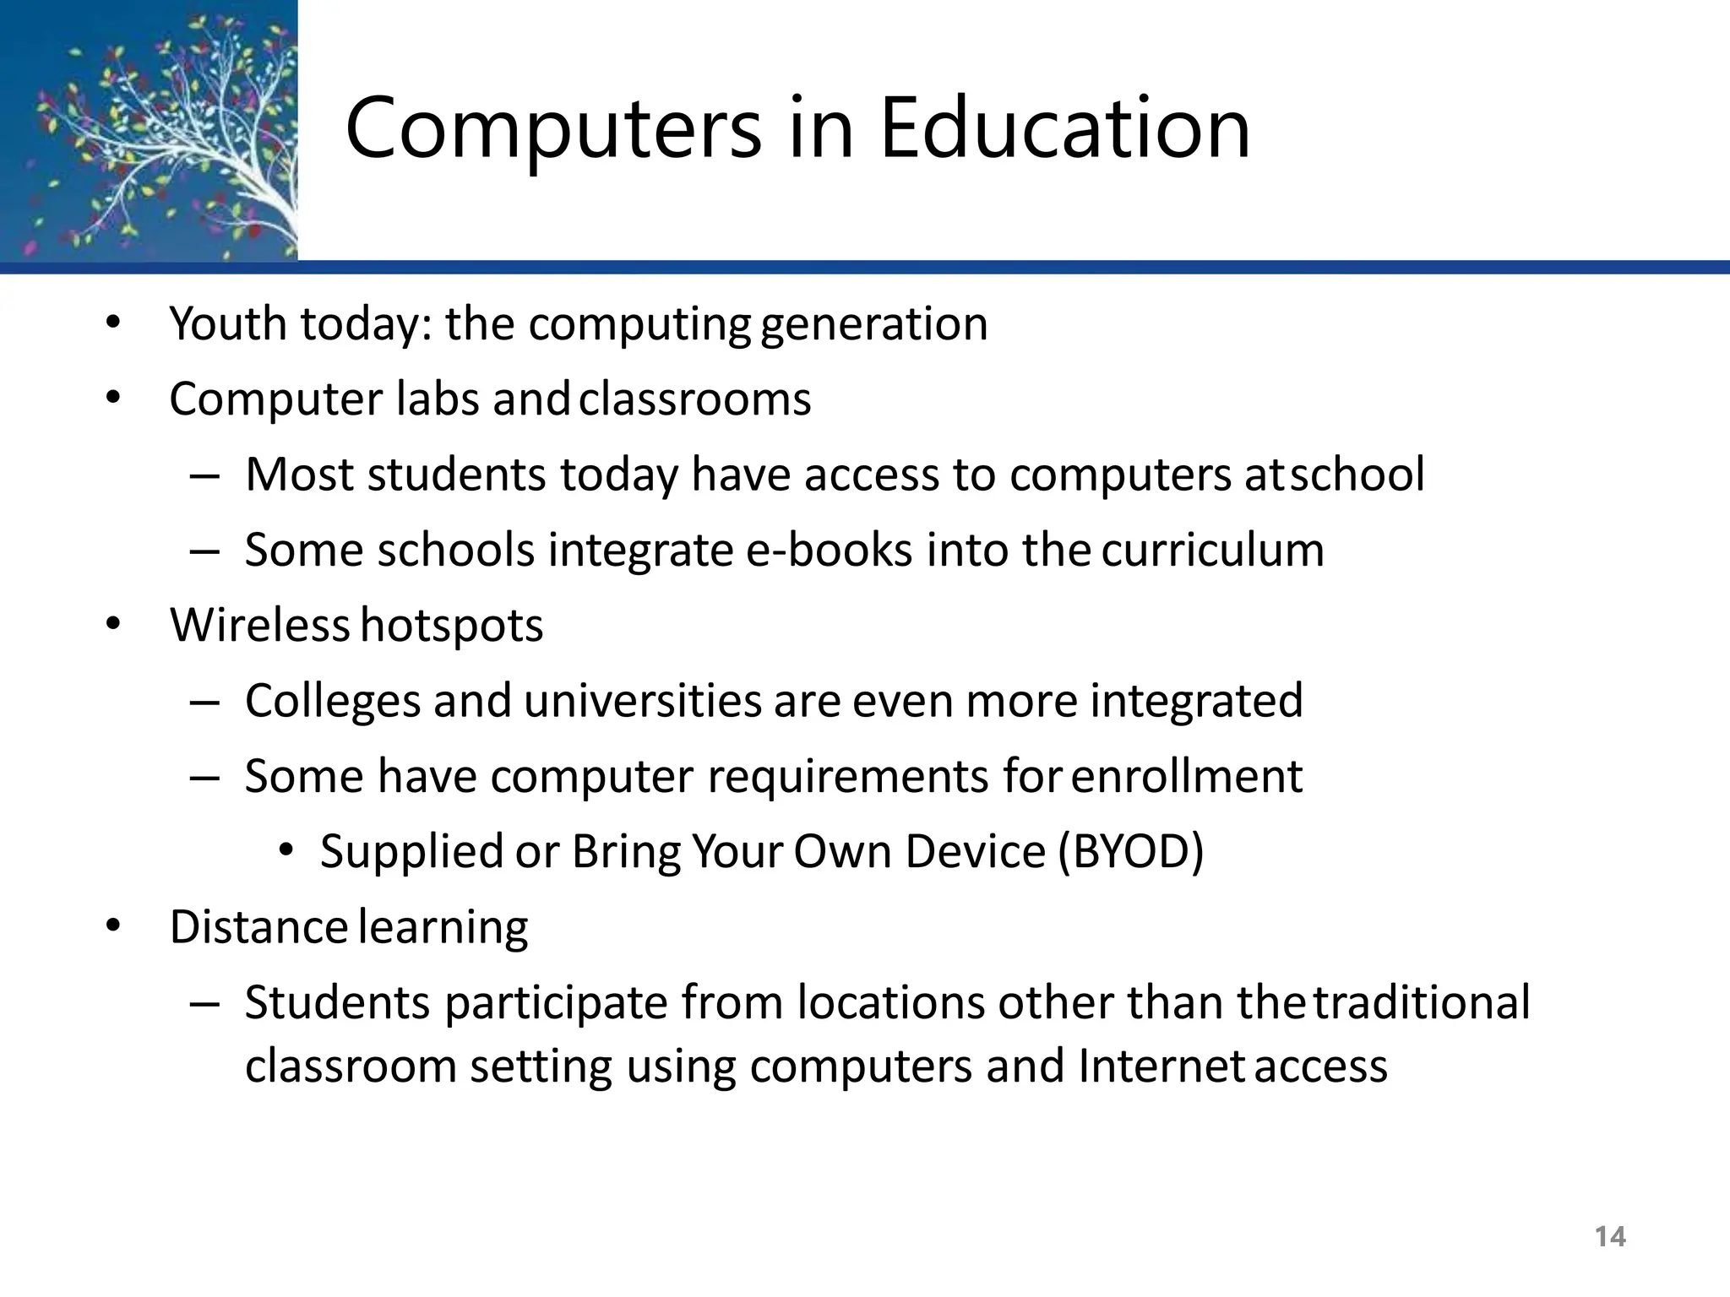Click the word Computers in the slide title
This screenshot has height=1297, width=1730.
pyautogui.click(x=553, y=128)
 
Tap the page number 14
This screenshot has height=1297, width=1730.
pyautogui.click(x=1610, y=1237)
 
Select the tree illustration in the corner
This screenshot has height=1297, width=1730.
pyautogui.click(x=149, y=130)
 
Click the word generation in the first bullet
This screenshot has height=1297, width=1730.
pyautogui.click(x=873, y=325)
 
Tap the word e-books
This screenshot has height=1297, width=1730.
pyautogui.click(x=829, y=551)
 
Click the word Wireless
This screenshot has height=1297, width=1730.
pyautogui.click(x=259, y=625)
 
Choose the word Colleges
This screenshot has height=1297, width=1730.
pyautogui.click(x=333, y=701)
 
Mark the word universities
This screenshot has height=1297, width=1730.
pyautogui.click(x=643, y=701)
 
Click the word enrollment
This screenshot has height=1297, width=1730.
pyautogui.click(x=1187, y=776)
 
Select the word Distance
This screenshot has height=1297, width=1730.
pyautogui.click(x=258, y=927)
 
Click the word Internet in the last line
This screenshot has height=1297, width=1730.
pyautogui.click(x=1161, y=1066)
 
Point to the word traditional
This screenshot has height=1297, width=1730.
pyautogui.click(x=1421, y=1002)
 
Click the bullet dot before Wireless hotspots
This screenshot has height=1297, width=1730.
pyautogui.click(x=114, y=625)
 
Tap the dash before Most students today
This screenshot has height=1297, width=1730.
pyautogui.click(x=204, y=475)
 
